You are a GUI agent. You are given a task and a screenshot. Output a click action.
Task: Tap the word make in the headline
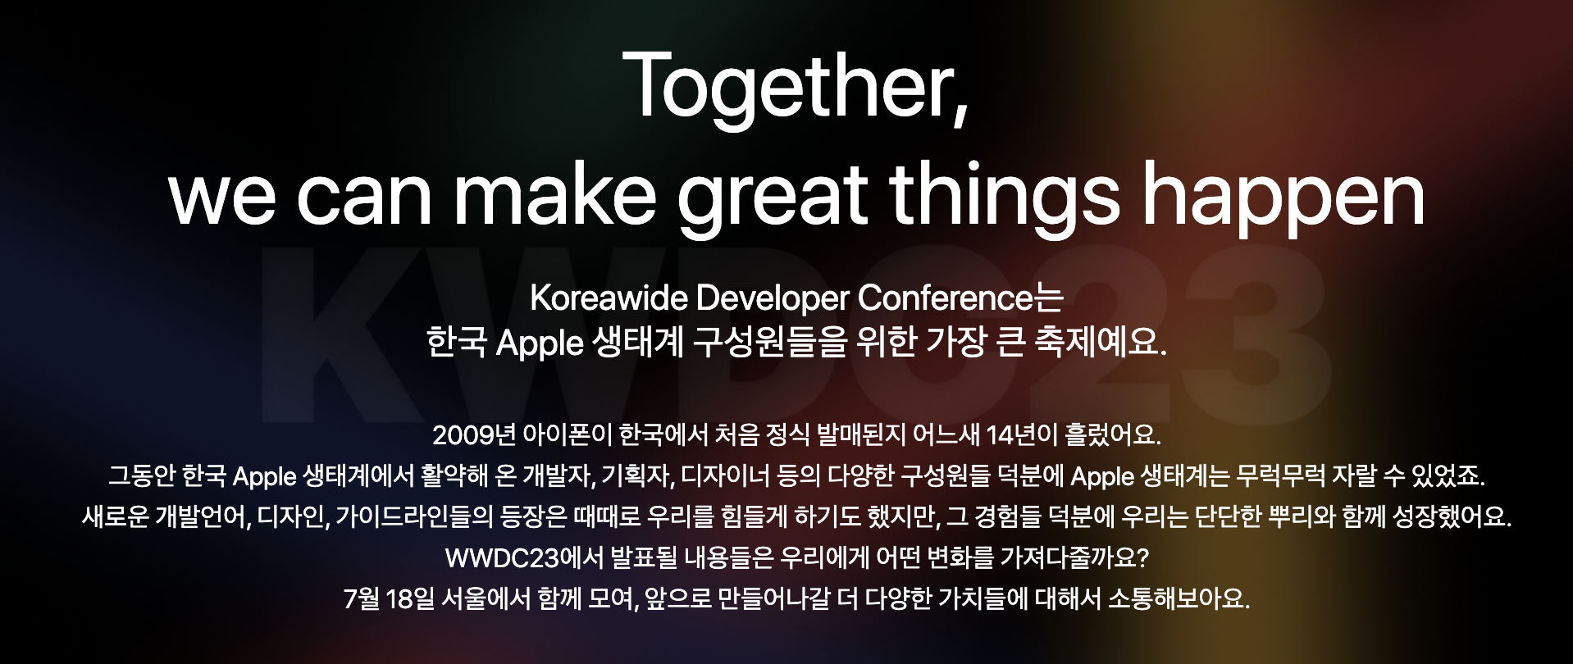(x=554, y=197)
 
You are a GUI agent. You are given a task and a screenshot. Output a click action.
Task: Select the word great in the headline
(x=773, y=201)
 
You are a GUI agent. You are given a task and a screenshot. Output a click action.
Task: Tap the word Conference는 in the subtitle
(x=960, y=298)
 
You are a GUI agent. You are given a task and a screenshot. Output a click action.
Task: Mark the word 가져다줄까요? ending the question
(x=1074, y=558)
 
